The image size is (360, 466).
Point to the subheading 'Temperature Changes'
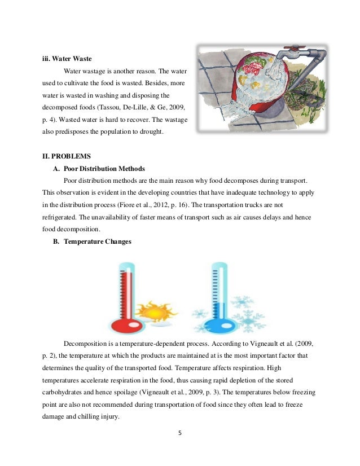point(97,242)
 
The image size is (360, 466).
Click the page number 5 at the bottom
point(179,434)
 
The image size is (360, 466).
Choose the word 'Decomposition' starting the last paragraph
point(86,344)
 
